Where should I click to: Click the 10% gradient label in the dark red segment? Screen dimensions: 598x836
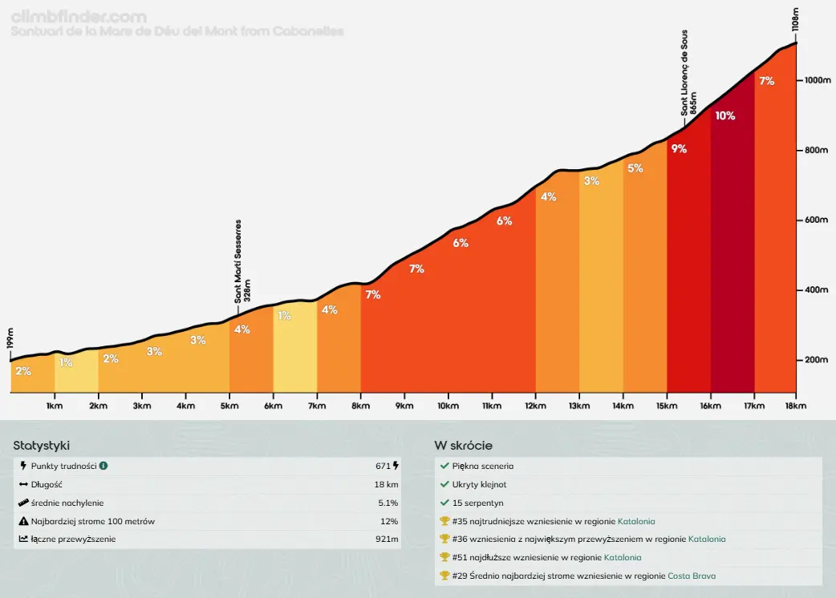[725, 115]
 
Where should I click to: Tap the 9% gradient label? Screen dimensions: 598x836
[680, 148]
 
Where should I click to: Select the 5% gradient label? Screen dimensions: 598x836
[635, 168]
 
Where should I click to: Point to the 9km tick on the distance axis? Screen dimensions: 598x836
[404, 406]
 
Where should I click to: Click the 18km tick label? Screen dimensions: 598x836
[795, 406]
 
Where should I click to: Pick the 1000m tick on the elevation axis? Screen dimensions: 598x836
[816, 81]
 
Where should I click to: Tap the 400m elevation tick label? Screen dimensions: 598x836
[816, 290]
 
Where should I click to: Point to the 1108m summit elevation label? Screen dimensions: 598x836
[795, 18]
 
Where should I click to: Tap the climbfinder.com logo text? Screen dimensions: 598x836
[79, 16]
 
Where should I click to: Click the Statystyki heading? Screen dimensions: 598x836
[47, 446]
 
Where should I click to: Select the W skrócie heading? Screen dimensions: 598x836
[463, 446]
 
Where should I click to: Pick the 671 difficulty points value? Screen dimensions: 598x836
[383, 466]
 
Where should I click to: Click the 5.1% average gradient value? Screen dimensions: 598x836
[387, 503]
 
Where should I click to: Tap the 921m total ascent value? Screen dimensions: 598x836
[387, 539]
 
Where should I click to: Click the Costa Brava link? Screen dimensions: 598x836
[692, 576]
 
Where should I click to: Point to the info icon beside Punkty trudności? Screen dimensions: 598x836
[103, 466]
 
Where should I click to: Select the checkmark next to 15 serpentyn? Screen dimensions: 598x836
[444, 503]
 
